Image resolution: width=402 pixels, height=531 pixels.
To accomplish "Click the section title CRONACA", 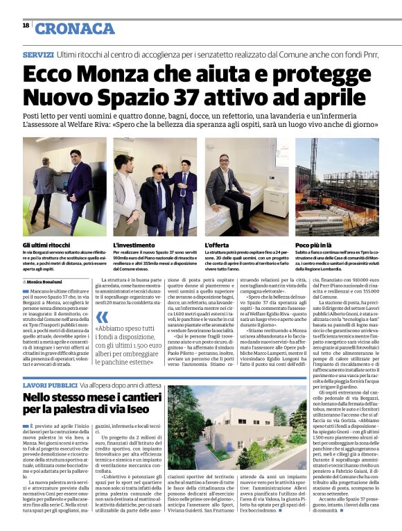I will (75, 28).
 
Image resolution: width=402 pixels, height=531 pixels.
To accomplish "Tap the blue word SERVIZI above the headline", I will (38, 54).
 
